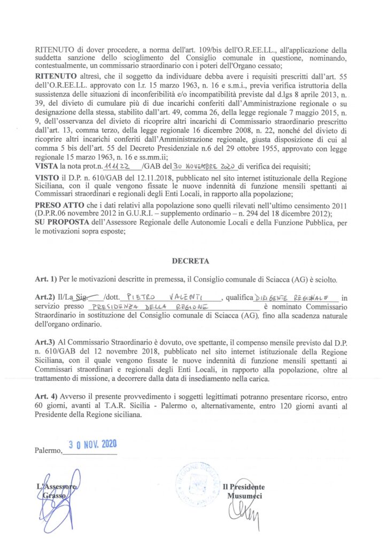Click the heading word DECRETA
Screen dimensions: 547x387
pos(183,261)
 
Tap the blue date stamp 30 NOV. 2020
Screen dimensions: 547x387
pos(93,445)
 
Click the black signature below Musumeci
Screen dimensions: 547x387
pos(242,513)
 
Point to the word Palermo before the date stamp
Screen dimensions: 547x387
pos(48,451)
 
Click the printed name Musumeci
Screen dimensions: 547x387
pos(245,496)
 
